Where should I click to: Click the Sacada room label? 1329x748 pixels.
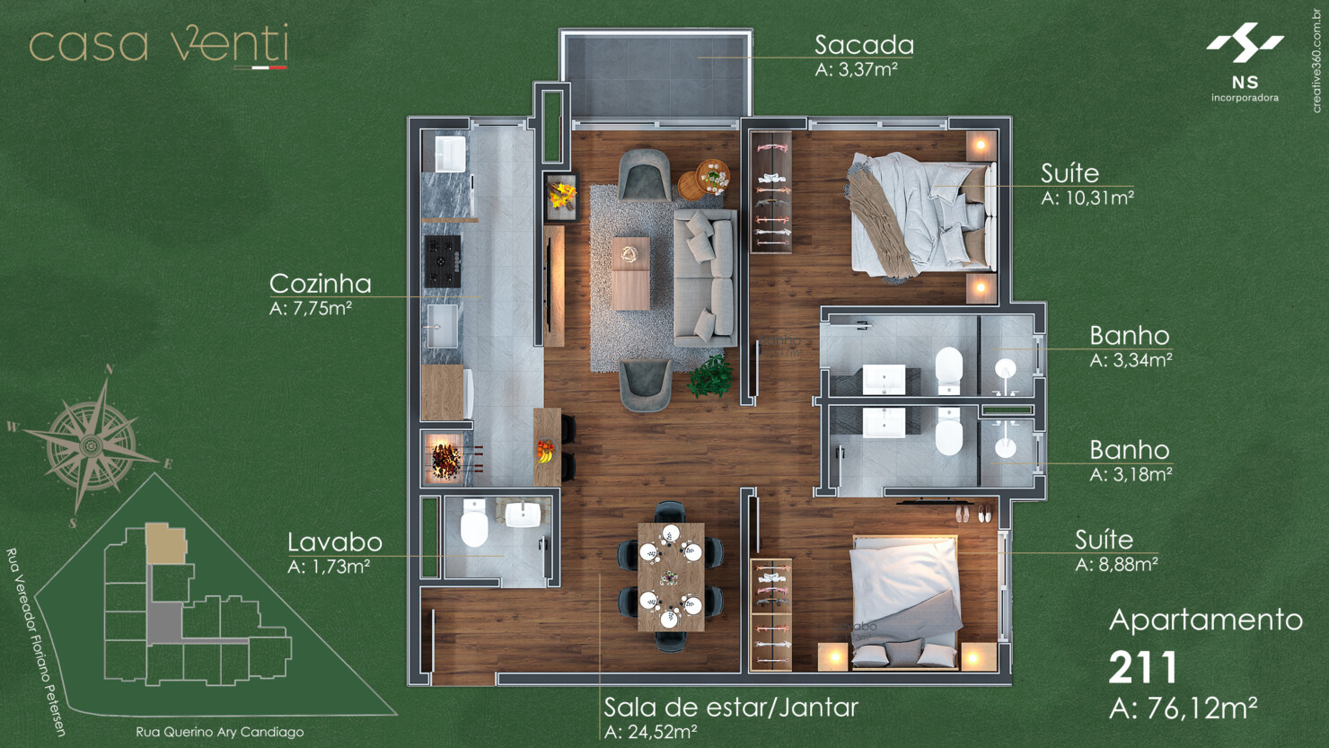point(864,45)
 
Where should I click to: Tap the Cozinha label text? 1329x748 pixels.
point(321,284)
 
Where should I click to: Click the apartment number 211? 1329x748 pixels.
point(1142,668)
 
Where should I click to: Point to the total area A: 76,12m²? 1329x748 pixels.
point(1183,708)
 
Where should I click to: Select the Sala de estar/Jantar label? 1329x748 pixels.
point(731,708)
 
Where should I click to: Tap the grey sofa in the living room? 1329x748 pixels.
point(704,277)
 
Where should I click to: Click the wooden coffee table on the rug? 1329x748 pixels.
point(630,273)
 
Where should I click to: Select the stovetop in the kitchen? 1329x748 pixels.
point(443,261)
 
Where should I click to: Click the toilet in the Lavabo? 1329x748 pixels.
point(474,524)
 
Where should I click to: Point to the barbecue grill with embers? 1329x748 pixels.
point(445,456)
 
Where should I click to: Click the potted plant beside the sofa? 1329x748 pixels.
point(710,375)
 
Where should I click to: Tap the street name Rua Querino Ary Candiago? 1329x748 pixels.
point(220,732)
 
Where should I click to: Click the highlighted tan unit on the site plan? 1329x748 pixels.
point(166,543)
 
